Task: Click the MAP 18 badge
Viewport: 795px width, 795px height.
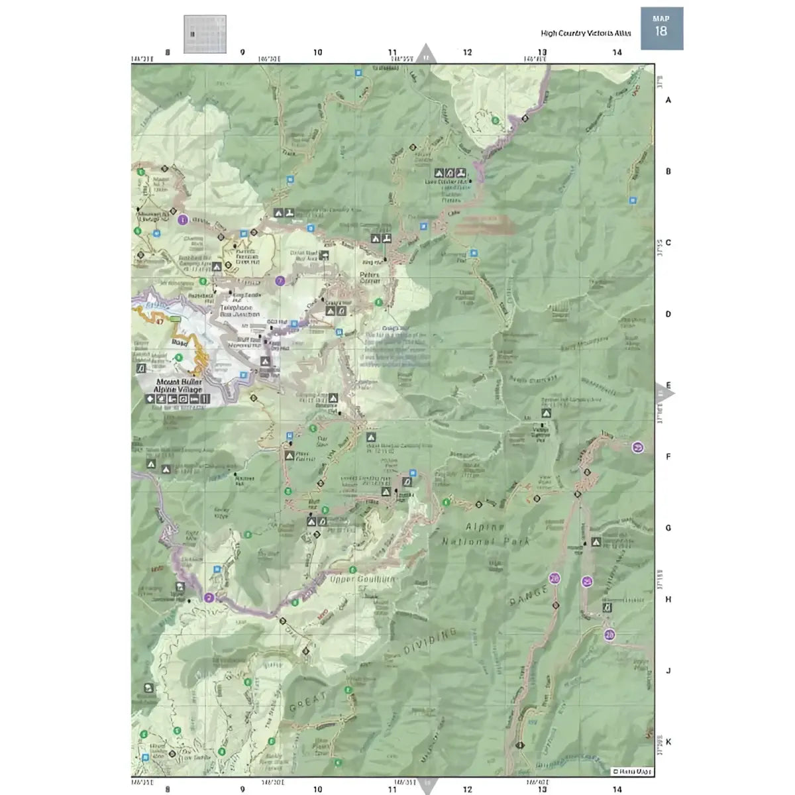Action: (x=661, y=28)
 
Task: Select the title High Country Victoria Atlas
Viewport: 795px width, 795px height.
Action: (x=586, y=33)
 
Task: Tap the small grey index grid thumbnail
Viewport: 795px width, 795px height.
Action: (x=204, y=34)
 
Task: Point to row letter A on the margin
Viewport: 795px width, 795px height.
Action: (x=668, y=100)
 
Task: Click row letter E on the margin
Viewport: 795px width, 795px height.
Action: (x=668, y=385)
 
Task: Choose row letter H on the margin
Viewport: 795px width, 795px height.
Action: (x=668, y=599)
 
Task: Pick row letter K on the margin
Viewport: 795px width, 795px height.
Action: (x=668, y=742)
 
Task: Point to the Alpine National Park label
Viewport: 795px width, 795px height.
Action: (x=486, y=534)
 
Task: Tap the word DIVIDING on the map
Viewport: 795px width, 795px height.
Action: (x=430, y=642)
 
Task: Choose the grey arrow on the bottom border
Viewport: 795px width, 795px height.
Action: (x=426, y=785)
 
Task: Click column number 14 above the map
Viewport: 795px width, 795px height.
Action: (x=617, y=52)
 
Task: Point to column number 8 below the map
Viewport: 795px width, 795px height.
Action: (x=168, y=788)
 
